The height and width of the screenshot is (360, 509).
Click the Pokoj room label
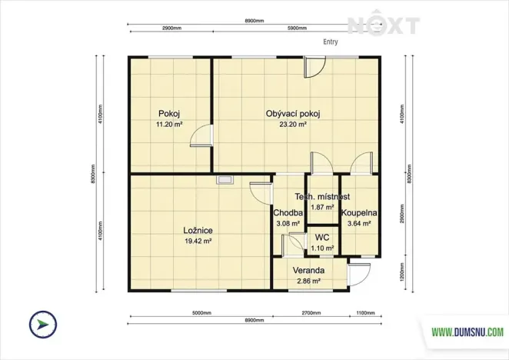click(x=168, y=113)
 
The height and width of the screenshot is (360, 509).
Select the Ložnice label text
click(x=198, y=229)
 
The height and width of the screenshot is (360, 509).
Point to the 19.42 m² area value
click(x=198, y=241)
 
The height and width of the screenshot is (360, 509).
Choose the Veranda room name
click(x=308, y=272)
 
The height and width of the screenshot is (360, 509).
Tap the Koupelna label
click(x=358, y=212)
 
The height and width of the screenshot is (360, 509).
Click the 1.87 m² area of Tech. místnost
click(x=323, y=207)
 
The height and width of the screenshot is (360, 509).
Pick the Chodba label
click(x=287, y=213)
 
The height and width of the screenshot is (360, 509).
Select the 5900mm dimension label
click(x=297, y=27)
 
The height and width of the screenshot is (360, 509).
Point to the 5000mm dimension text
click(x=201, y=313)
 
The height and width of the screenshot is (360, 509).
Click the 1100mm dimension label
click(x=367, y=313)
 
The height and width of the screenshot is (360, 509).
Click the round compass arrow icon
click(x=41, y=325)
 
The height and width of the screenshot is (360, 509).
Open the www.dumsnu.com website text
click(x=467, y=332)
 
